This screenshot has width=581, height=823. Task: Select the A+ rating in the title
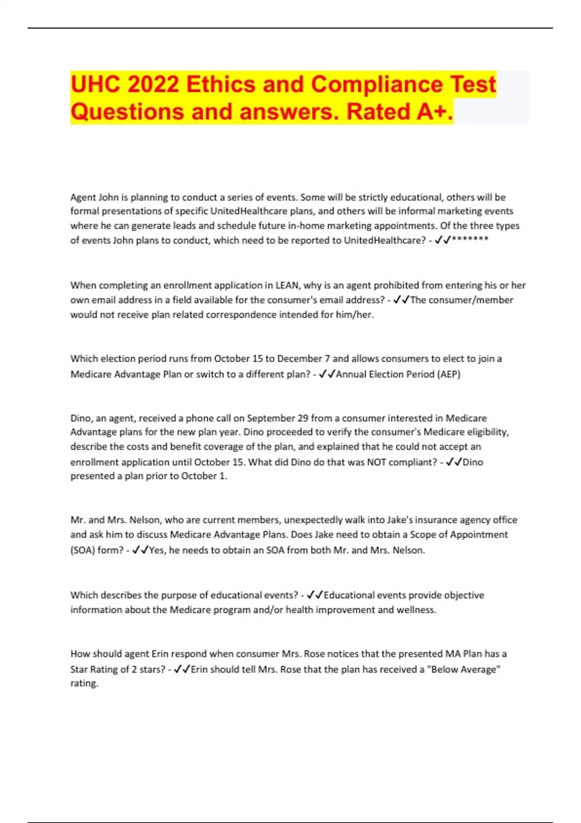[x=434, y=112]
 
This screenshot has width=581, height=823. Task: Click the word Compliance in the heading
[x=376, y=85]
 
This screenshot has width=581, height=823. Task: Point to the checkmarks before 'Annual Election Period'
[x=327, y=374]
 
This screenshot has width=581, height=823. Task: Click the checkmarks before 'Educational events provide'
[x=315, y=595]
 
